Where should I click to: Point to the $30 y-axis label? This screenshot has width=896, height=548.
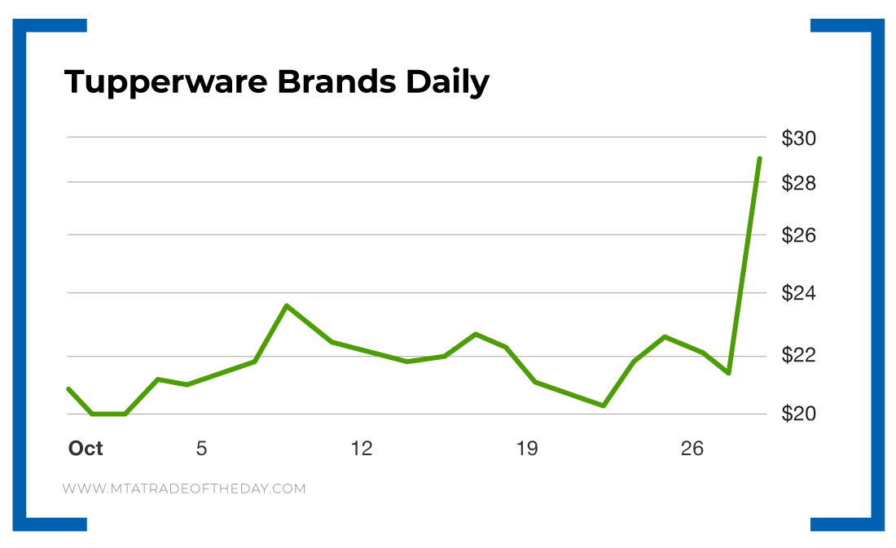coord(798,138)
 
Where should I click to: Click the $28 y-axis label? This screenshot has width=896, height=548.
coord(798,183)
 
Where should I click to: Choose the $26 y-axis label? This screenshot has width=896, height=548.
coord(798,235)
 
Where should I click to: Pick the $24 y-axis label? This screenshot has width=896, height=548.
coord(798,292)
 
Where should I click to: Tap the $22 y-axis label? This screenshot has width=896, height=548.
coord(798,355)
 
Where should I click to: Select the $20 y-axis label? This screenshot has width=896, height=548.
coord(798,414)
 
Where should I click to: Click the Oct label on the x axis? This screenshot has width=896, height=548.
coord(86,448)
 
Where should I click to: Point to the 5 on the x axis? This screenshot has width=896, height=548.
coord(201,448)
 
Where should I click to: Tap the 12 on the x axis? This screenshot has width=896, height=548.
coord(362,448)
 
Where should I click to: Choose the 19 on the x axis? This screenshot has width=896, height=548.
coord(527,448)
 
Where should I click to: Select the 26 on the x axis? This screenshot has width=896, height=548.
coord(692,448)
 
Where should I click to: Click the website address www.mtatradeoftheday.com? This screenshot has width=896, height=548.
coord(184,489)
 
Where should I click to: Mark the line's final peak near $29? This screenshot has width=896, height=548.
coord(759,159)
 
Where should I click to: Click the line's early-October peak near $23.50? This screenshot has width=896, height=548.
coord(287,305)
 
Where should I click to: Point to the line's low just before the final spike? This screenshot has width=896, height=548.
coord(728,373)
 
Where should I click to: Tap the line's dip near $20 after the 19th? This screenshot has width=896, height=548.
coord(604,406)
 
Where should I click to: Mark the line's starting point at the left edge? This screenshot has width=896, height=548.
coord(68,389)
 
